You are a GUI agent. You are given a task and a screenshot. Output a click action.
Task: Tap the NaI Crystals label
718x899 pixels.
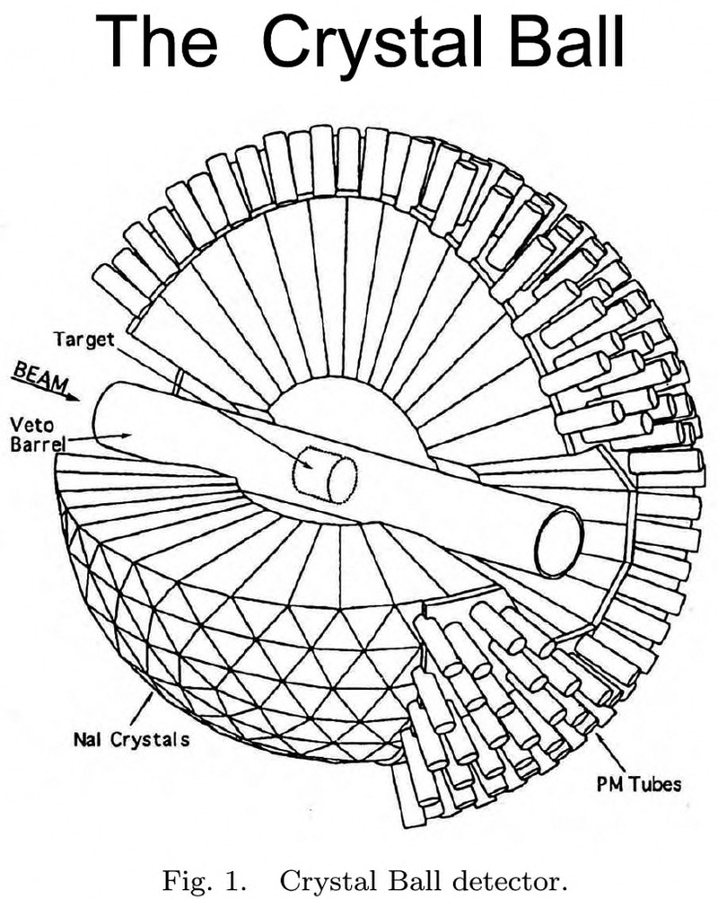click(x=131, y=740)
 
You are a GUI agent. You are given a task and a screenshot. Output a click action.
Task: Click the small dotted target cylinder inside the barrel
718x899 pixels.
click(x=328, y=472)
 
